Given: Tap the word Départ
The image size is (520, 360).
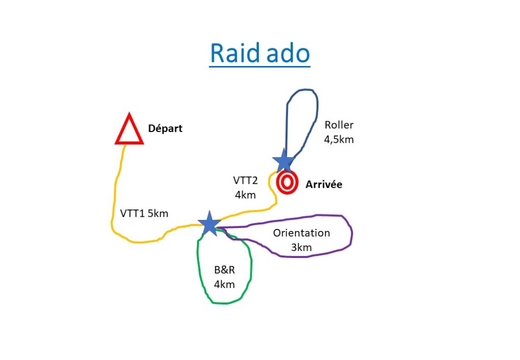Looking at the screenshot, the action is (x=165, y=128).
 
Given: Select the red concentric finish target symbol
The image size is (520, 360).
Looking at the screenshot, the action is (x=287, y=182).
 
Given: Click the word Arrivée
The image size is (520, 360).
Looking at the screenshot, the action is (x=323, y=184).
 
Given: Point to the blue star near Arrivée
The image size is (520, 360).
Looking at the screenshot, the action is (x=284, y=161).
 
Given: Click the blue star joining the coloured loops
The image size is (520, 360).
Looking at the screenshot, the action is (x=209, y=224).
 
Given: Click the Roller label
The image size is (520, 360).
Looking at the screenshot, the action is (x=339, y=125).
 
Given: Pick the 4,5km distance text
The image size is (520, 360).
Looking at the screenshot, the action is (x=339, y=140).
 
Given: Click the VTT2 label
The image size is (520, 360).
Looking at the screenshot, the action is (x=245, y=180).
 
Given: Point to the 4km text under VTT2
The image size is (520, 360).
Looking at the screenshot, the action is (x=245, y=195).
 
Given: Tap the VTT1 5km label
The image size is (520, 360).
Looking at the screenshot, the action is (x=144, y=213).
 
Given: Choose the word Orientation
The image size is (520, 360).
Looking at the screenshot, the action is (x=302, y=233).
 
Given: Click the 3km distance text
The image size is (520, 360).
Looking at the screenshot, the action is (x=302, y=248).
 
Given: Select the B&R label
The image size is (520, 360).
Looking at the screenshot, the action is (x=224, y=270).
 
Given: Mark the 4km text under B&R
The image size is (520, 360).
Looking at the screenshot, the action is (x=224, y=284).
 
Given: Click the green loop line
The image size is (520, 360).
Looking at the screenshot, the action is (x=251, y=265).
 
